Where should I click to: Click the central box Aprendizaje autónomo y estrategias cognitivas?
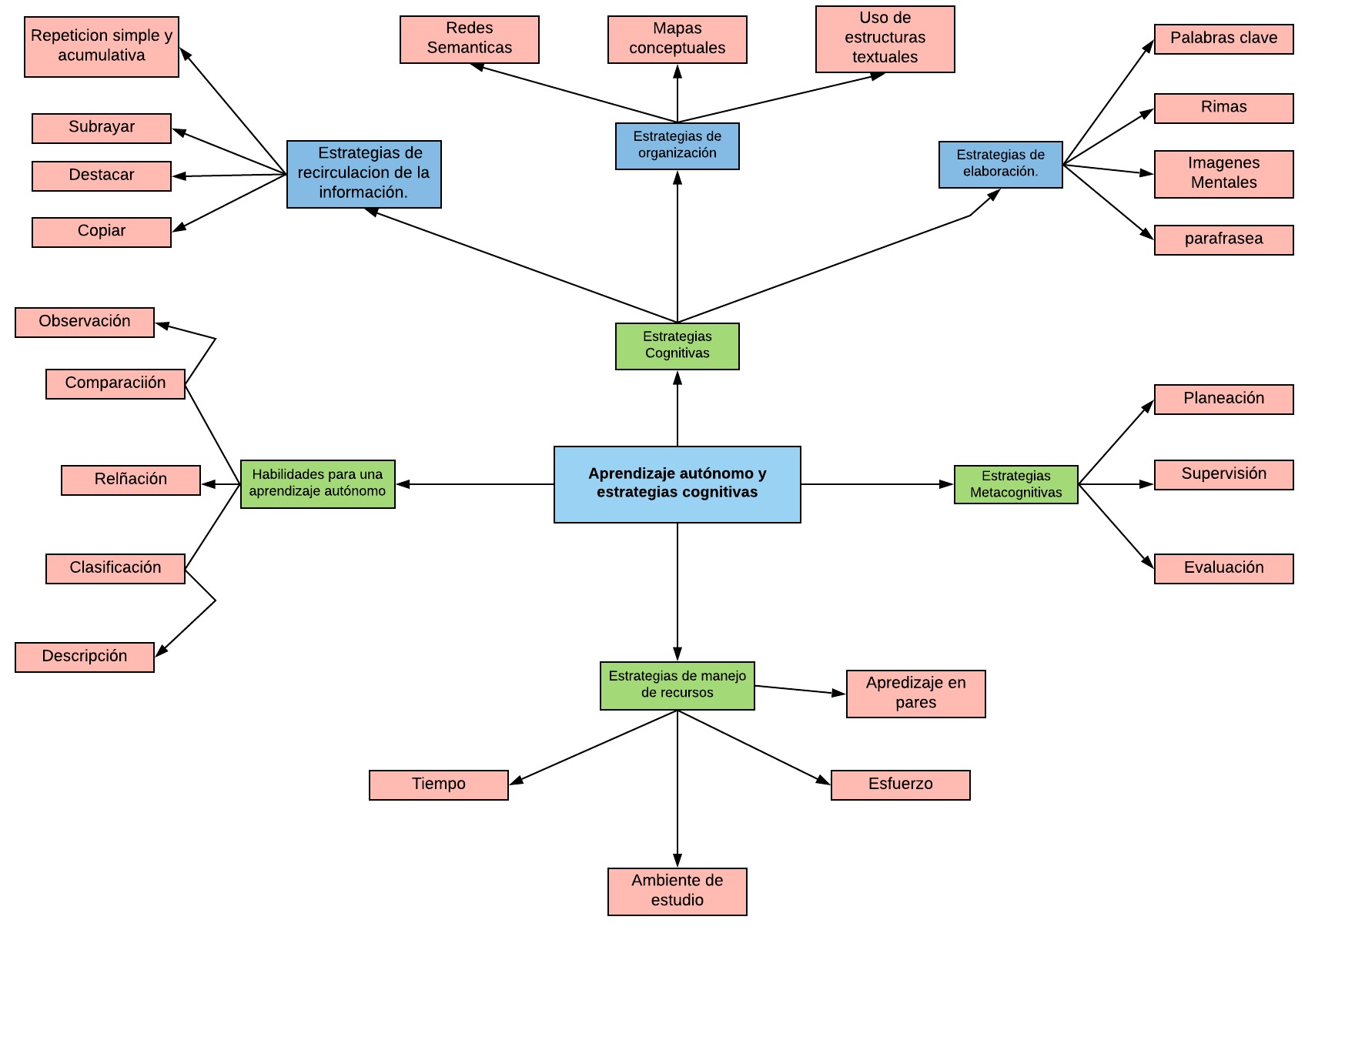[x=677, y=483]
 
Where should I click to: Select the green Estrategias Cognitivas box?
[x=677, y=346]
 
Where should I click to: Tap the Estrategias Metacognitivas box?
[x=1015, y=484]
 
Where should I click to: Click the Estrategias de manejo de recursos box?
[x=677, y=685]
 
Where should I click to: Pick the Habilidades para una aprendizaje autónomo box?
[x=317, y=483]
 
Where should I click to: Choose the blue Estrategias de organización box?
[x=677, y=146]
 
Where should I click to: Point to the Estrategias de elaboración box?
[x=1000, y=164]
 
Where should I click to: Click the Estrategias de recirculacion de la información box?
[x=363, y=174]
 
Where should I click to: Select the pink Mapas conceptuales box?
[x=677, y=39]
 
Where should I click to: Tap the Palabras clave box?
[x=1223, y=38]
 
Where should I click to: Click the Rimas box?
[x=1223, y=108]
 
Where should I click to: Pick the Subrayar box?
[x=101, y=128]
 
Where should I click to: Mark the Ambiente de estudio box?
[x=677, y=891]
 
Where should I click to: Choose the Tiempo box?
[x=438, y=784]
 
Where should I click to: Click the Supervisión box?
[x=1223, y=474]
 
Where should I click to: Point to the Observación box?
[x=84, y=322]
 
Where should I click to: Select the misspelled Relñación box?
[x=130, y=480]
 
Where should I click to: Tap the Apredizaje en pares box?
[x=915, y=693]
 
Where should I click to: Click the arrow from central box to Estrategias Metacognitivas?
[x=878, y=484]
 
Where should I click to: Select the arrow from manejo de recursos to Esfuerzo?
[x=754, y=748]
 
